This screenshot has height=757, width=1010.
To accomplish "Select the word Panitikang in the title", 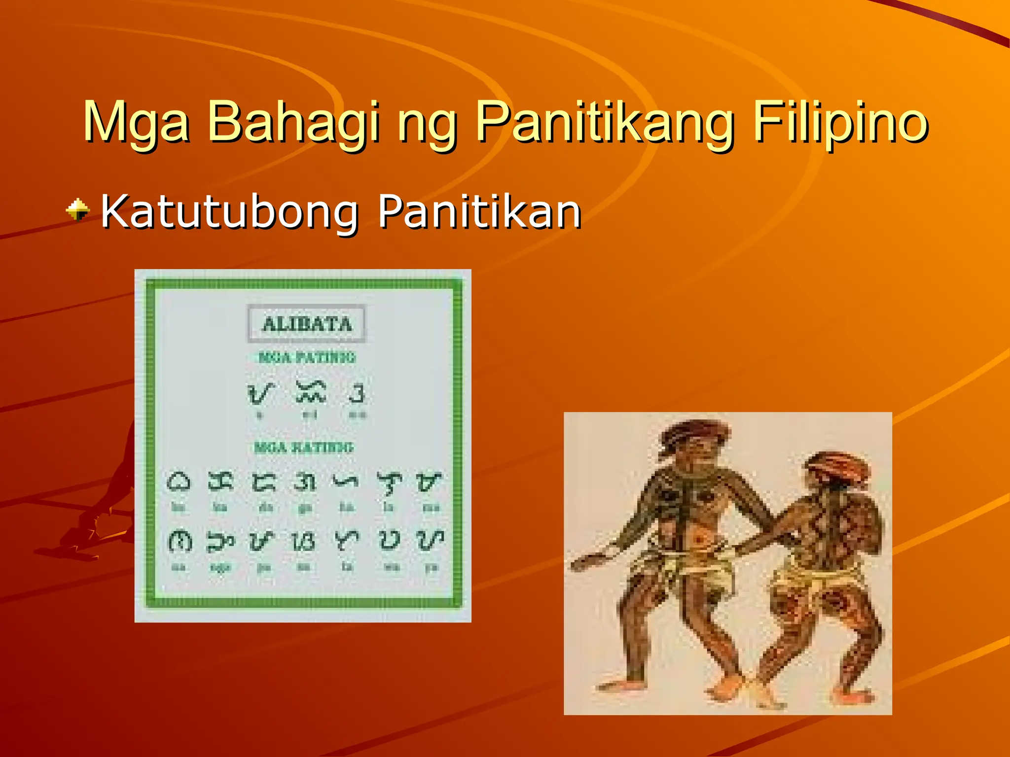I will click(604, 122).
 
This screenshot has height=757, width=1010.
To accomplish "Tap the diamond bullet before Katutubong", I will click(78, 210).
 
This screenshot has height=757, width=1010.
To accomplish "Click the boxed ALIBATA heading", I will click(307, 324).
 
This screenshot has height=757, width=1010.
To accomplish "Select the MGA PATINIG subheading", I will click(306, 357).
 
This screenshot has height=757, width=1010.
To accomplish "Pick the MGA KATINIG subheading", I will click(304, 447).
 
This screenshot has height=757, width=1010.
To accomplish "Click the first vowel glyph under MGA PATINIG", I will click(260, 393).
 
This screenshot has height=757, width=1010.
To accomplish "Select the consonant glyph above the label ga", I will click(304, 482).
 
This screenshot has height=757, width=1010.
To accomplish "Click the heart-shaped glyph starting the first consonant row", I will click(178, 482).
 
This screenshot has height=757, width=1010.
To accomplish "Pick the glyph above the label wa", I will click(390, 541).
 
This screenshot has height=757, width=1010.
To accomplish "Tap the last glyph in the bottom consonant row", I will click(430, 541).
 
